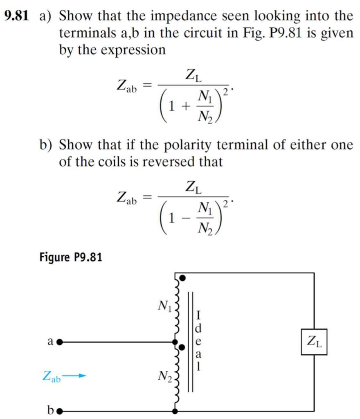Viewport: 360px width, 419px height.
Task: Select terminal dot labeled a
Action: pos(59,341)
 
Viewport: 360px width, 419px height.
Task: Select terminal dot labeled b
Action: pos(60,410)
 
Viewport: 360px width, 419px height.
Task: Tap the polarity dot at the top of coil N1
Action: pos(183,278)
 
